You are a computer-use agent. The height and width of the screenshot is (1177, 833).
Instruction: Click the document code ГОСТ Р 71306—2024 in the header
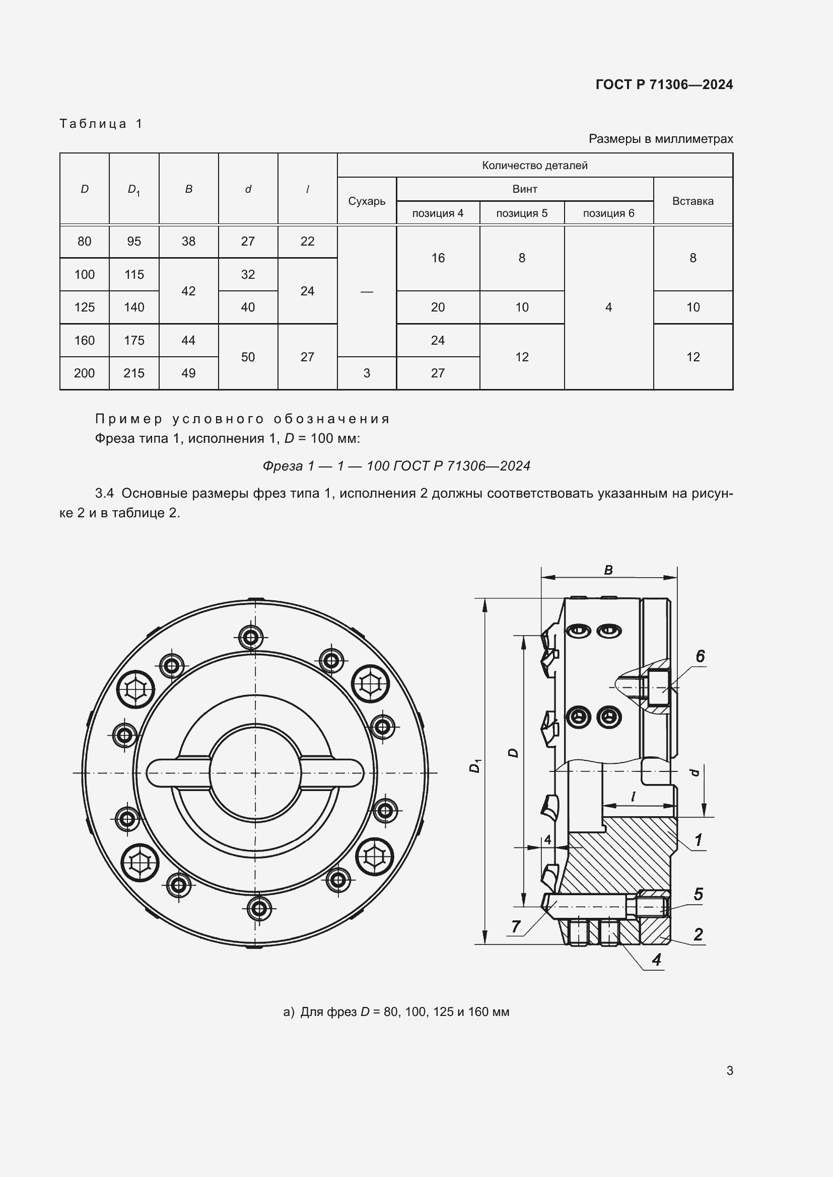coord(664,85)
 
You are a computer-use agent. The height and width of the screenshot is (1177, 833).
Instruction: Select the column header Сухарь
coord(366,201)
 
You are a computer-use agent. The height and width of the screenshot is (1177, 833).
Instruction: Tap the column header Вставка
coord(692,201)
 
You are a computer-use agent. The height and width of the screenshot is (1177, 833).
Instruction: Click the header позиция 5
coord(522,213)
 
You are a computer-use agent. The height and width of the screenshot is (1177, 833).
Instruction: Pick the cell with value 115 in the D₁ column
coord(134,274)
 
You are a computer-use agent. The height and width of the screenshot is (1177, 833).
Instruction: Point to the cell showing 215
coord(134,373)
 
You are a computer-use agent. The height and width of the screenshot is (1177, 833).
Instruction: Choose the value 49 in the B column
coord(188,373)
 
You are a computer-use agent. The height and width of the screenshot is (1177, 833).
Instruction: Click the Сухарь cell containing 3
coord(366,373)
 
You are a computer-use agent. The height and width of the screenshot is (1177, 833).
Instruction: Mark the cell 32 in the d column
coord(248,274)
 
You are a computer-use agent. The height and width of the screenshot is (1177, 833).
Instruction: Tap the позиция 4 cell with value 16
coord(438,258)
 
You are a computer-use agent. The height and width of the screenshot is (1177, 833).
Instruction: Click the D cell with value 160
coord(84,340)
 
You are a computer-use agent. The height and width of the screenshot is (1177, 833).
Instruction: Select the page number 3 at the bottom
coord(729,1070)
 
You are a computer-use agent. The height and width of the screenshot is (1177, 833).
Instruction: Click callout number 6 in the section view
coord(700,656)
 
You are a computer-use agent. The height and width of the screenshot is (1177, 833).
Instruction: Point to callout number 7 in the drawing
coord(516,926)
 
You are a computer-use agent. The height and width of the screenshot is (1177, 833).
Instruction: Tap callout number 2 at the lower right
coord(698,934)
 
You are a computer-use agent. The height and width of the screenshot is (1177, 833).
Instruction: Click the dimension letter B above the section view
coord(608,570)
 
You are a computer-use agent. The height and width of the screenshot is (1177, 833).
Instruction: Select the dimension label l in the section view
coord(634,796)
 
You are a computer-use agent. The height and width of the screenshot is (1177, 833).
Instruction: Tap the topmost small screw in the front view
coord(251,638)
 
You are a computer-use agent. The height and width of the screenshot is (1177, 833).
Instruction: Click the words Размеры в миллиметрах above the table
coord(661,139)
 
